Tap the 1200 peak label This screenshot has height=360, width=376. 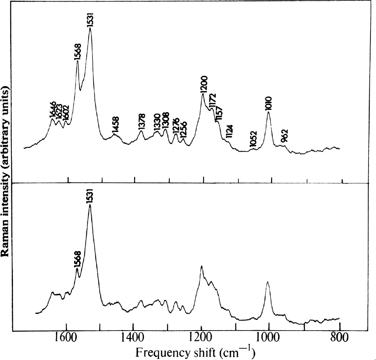pyautogui.click(x=204, y=84)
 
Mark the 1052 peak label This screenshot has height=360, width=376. pyautogui.click(x=254, y=140)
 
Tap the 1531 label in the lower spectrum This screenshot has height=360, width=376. pyautogui.click(x=91, y=197)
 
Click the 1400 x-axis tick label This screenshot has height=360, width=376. pyautogui.click(x=134, y=337)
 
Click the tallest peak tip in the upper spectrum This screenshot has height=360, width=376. pyautogui.click(x=91, y=28)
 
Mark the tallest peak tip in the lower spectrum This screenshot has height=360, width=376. pyautogui.click(x=90, y=205)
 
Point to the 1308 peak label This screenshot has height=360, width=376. pyautogui.click(x=165, y=121)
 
